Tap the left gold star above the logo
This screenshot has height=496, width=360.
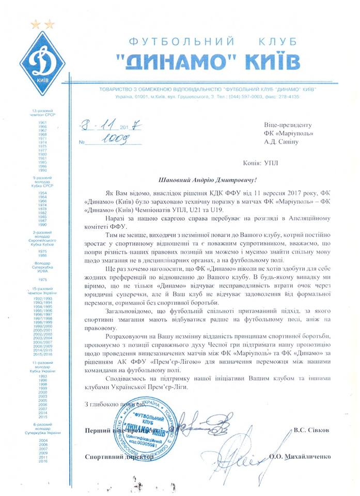(35, 24)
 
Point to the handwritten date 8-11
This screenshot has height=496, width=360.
(91, 126)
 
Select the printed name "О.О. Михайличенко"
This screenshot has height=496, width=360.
(299, 457)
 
